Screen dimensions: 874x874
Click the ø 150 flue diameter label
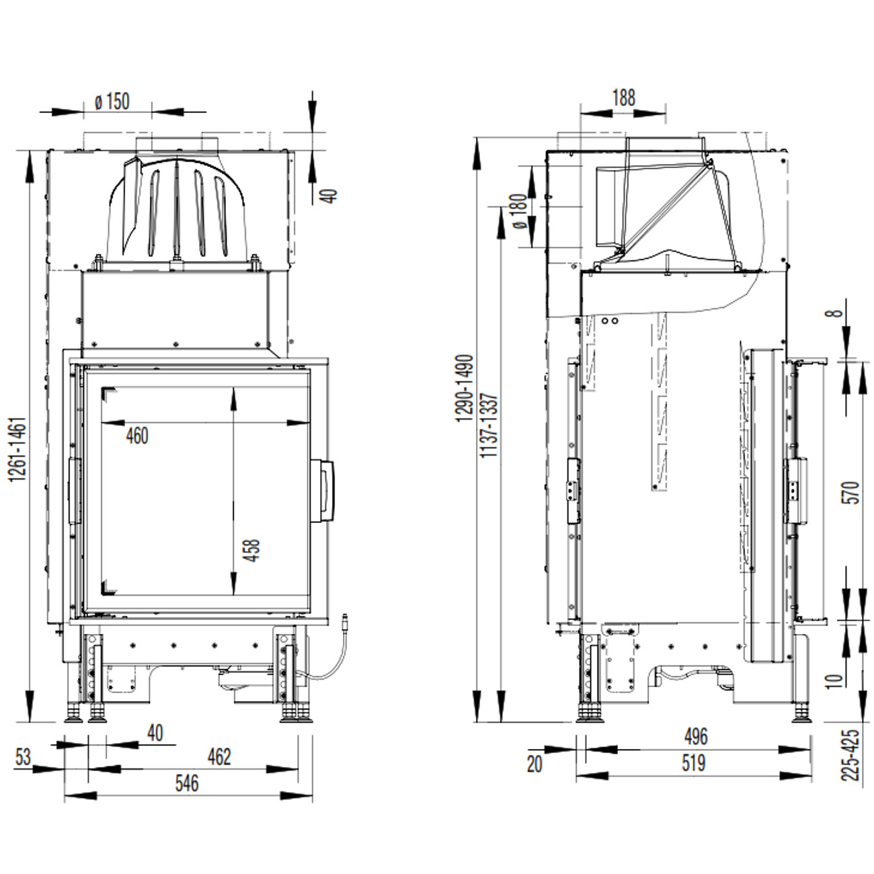[x=112, y=102]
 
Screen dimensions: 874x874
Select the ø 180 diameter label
[x=521, y=211]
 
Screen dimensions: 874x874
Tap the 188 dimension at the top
[x=624, y=97]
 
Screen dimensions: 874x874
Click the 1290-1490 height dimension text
[x=465, y=388]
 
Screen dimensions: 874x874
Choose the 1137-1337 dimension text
[x=489, y=426]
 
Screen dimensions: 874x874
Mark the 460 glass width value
[x=137, y=436]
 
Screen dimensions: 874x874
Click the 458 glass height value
[x=251, y=550]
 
